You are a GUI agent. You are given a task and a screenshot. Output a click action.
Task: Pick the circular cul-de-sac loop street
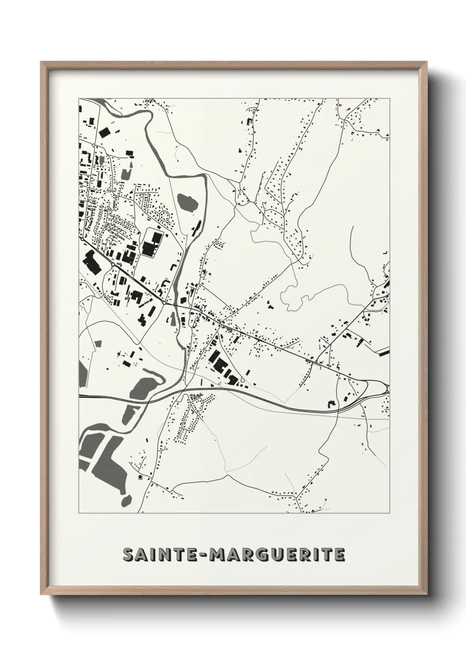(165, 216)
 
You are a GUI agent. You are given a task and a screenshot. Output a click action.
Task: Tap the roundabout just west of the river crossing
(164, 303)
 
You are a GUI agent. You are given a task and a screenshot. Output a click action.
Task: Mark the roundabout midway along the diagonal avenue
(113, 264)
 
